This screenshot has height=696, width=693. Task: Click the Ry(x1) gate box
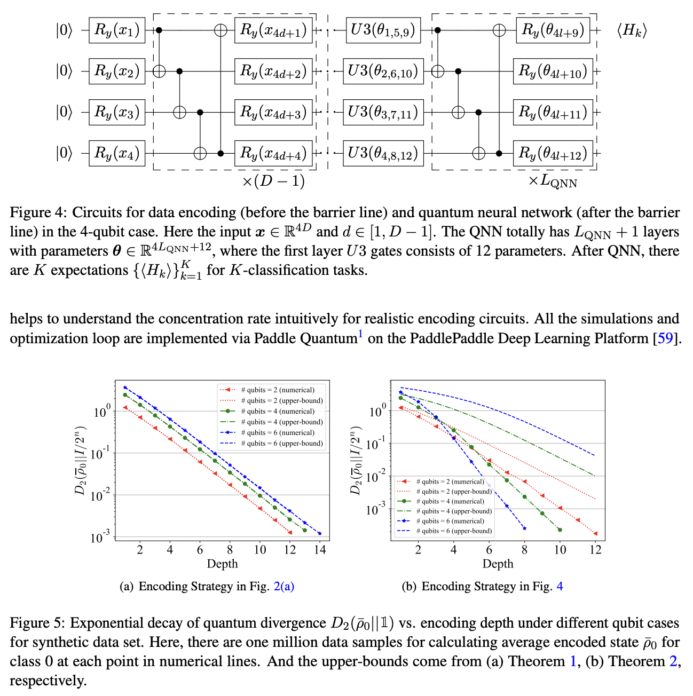click(x=116, y=30)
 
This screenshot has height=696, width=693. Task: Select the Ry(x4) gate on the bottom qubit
click(x=116, y=153)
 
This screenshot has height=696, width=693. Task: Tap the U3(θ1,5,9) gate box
click(x=382, y=30)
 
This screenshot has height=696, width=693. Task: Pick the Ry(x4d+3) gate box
click(x=273, y=112)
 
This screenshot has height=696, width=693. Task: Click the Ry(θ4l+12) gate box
click(x=553, y=153)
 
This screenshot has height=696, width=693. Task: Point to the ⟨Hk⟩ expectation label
click(x=632, y=30)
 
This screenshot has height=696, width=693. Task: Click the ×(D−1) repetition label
click(x=273, y=181)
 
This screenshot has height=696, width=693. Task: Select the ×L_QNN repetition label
click(x=553, y=181)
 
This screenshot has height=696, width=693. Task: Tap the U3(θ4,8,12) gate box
click(x=382, y=153)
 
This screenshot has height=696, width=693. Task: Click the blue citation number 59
click(x=665, y=338)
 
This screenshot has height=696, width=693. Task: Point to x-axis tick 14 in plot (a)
click(x=320, y=550)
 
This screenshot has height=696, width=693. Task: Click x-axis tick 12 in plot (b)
click(x=595, y=550)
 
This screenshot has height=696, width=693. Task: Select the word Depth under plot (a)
click(x=222, y=564)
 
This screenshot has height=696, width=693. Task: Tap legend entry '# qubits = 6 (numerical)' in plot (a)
click(x=278, y=433)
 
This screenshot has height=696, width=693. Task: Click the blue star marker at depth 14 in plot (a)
click(x=320, y=533)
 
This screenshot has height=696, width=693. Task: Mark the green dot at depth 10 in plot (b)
click(x=560, y=530)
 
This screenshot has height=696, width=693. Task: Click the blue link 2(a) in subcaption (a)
click(x=283, y=587)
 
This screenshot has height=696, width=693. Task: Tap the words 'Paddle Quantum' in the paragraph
click(x=305, y=338)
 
